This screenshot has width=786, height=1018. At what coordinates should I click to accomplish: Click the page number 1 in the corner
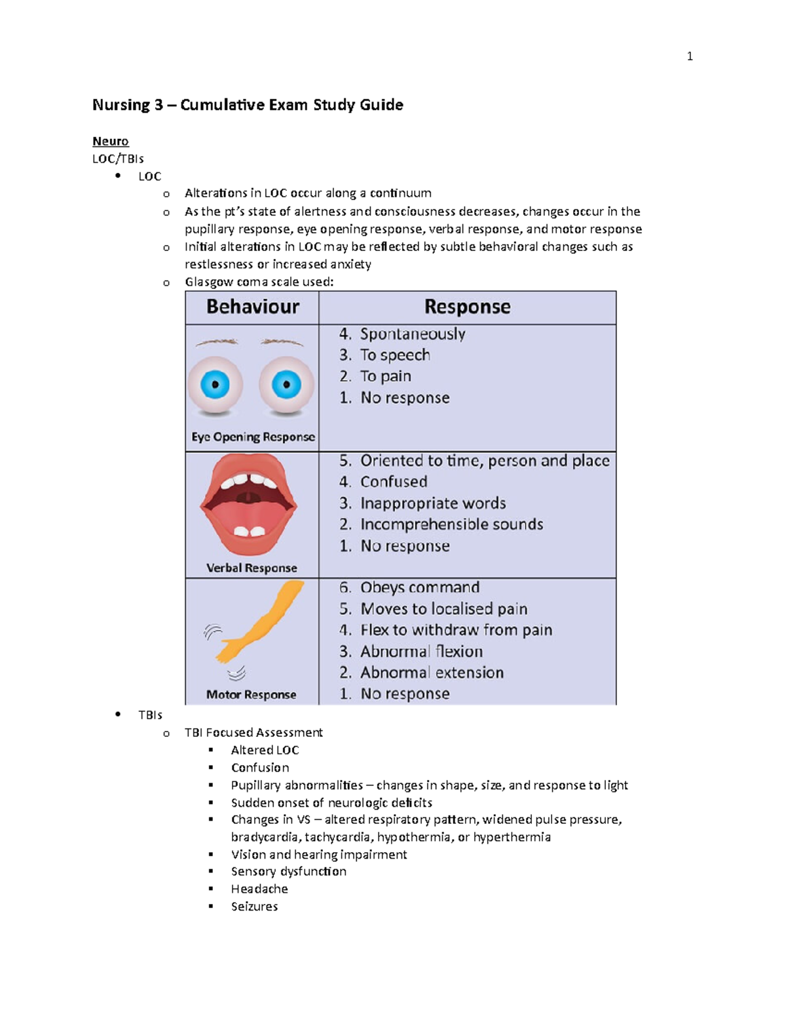pyautogui.click(x=690, y=56)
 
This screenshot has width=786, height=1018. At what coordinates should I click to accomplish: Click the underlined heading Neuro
pyautogui.click(x=110, y=141)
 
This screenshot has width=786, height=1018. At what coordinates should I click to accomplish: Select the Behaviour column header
pyautogui.click(x=253, y=307)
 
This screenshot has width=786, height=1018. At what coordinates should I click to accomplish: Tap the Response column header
pyautogui.click(x=467, y=307)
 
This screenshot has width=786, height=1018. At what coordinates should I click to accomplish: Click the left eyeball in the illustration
pyautogui.click(x=215, y=385)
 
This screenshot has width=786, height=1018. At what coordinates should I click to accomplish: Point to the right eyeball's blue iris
pyautogui.click(x=286, y=385)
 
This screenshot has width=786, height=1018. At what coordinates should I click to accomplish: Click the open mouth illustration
pyautogui.click(x=249, y=505)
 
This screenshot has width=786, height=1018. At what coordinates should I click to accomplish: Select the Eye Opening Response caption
pyautogui.click(x=253, y=437)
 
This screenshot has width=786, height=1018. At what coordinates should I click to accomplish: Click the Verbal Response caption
pyautogui.click(x=252, y=568)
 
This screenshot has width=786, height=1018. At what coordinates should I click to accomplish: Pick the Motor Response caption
pyautogui.click(x=251, y=695)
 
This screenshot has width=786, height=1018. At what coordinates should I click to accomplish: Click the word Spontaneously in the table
pyautogui.click(x=413, y=334)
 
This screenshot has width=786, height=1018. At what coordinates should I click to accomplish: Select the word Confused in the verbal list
pyautogui.click(x=394, y=482)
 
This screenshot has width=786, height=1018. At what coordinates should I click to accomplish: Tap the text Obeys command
pyautogui.click(x=420, y=587)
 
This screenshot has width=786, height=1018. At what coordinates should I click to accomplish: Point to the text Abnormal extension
pyautogui.click(x=432, y=673)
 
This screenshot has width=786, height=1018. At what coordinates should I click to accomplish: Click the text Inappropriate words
pyautogui.click(x=433, y=503)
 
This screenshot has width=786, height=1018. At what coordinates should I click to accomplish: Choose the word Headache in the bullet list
pyautogui.click(x=259, y=889)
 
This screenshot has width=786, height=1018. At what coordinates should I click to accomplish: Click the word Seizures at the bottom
pyautogui.click(x=254, y=907)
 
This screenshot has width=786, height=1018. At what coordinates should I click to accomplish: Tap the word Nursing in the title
pyautogui.click(x=121, y=105)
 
